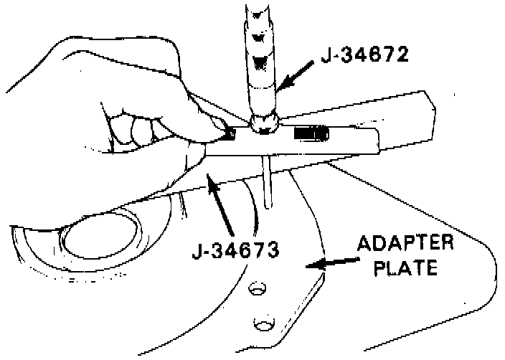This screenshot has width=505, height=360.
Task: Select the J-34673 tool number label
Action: [x=235, y=251]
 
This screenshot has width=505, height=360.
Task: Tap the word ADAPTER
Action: [x=405, y=243]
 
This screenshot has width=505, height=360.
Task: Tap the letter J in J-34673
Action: [x=197, y=251]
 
